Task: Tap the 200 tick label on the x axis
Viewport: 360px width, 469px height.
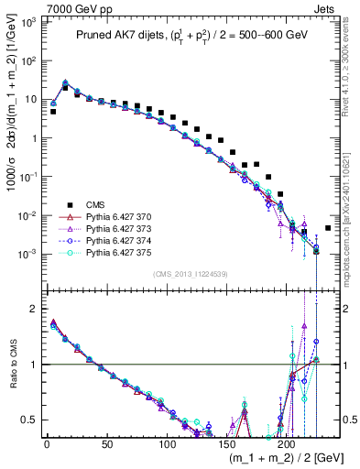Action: (288, 442)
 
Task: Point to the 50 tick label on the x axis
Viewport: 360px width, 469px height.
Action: (107, 442)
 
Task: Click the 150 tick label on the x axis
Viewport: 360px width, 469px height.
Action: (227, 442)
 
